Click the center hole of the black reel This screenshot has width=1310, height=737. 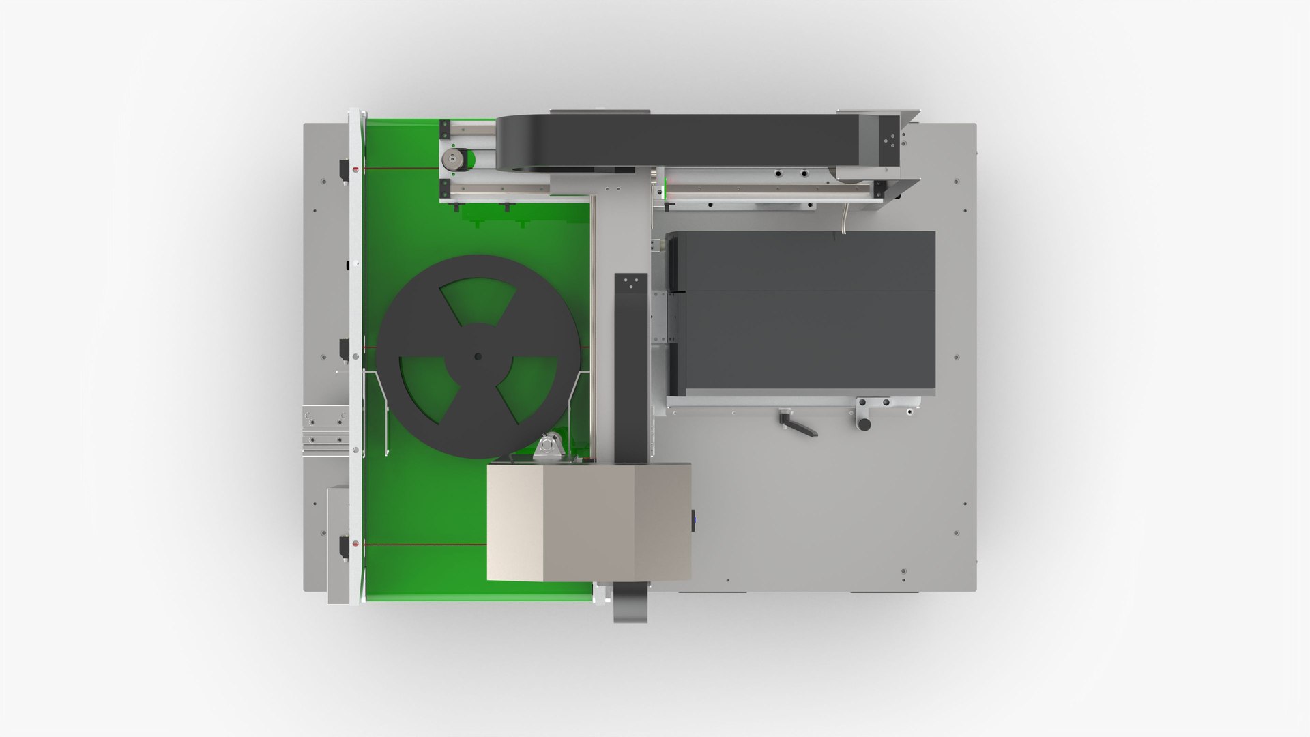(x=478, y=356)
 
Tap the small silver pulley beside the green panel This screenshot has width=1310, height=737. (x=450, y=161)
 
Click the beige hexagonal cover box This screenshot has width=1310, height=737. (x=589, y=522)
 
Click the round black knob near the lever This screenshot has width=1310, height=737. (x=864, y=424)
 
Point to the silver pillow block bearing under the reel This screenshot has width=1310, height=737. (x=549, y=449)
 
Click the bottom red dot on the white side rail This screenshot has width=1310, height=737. (x=354, y=544)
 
